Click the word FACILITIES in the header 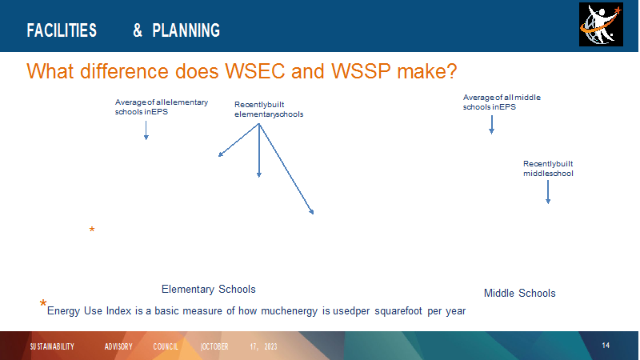[62, 30]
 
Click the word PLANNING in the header [186, 30]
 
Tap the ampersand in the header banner [138, 30]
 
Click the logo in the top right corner [601, 25]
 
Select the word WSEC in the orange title [254, 71]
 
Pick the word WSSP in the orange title [362, 71]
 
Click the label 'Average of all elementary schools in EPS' [162, 107]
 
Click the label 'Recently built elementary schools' [269, 110]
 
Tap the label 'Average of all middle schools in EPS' [502, 102]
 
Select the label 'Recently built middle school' [548, 169]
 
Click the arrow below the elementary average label [146, 130]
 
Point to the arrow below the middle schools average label [491, 125]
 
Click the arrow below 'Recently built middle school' [548, 192]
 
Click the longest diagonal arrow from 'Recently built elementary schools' [286, 169]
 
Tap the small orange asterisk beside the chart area [92, 230]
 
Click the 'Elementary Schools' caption [209, 290]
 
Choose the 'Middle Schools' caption [519, 293]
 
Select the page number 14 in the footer [606, 346]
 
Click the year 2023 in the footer [270, 346]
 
